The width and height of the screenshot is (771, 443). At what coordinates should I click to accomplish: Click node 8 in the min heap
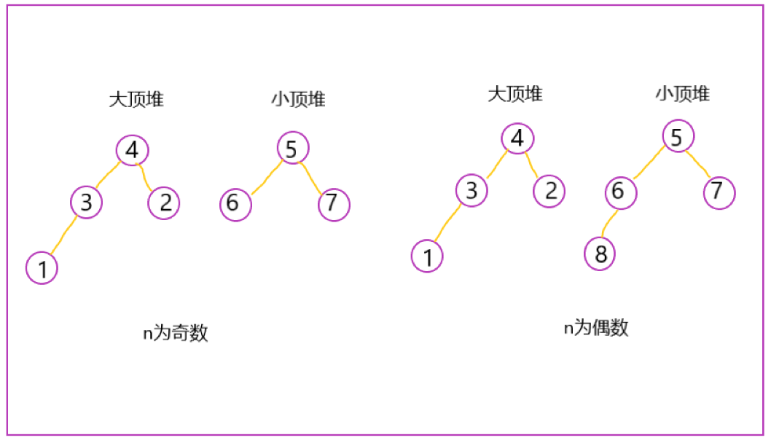[600, 254]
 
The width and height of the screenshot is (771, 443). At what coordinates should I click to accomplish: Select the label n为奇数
[176, 333]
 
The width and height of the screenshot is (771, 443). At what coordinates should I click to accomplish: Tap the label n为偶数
[595, 328]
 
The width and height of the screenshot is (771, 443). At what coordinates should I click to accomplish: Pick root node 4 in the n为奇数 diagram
[132, 150]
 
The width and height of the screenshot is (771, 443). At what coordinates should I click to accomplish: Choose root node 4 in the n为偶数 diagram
[517, 138]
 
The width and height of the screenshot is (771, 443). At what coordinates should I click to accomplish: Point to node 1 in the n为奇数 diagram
[42, 268]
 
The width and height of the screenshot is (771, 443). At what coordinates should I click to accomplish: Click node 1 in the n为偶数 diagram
[427, 256]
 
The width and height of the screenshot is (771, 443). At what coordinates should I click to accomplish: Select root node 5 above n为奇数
[293, 149]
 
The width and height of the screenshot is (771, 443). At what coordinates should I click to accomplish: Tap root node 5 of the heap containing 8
[678, 136]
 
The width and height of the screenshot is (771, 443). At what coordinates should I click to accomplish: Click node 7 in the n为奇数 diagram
[334, 204]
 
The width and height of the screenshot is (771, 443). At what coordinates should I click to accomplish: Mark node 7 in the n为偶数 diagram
[719, 192]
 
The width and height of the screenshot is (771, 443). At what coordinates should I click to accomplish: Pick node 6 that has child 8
[619, 192]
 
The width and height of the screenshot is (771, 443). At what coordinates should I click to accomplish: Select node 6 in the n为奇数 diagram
[235, 204]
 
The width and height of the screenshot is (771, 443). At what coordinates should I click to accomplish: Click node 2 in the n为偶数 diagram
[549, 192]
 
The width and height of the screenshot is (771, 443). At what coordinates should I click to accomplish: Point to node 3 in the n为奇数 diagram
[87, 202]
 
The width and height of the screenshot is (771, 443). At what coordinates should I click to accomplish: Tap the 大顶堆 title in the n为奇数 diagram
[136, 100]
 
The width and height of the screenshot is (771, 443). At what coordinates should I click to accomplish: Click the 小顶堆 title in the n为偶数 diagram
[682, 93]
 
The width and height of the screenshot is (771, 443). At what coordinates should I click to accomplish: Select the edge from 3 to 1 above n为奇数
[63, 235]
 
